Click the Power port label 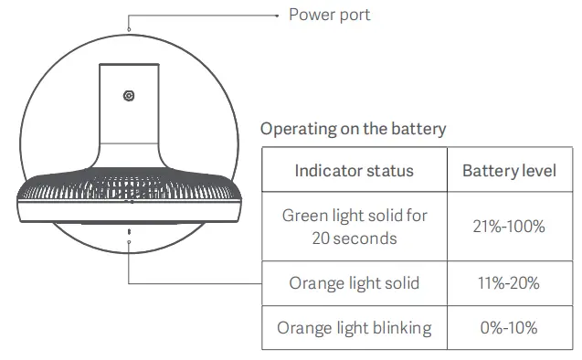click(329, 15)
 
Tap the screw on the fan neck click(130, 96)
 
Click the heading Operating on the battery click(353, 129)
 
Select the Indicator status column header click(354, 171)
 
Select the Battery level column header click(509, 171)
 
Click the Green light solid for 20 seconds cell click(354, 227)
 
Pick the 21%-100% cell click(509, 227)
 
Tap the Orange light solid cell click(354, 282)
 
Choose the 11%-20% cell click(509, 282)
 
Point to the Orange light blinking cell click(354, 327)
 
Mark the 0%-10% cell click(509, 327)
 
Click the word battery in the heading click(418, 129)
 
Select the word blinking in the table click(401, 327)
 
